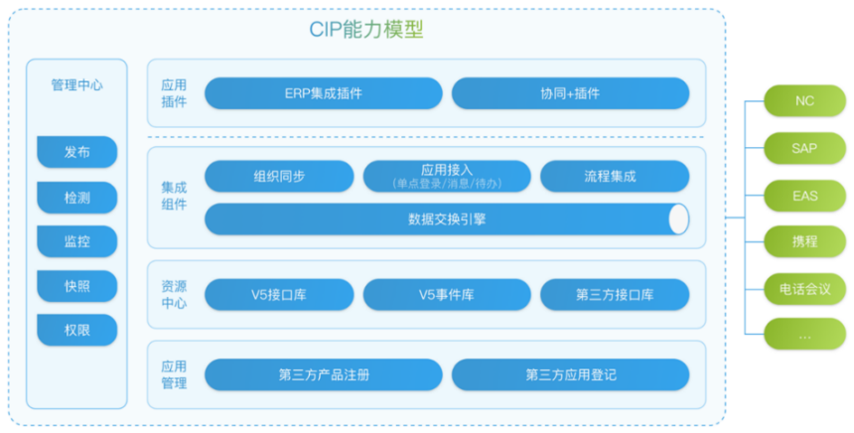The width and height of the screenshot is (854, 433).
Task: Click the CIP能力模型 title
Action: [x=366, y=30]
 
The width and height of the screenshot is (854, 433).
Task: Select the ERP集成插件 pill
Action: [x=324, y=93]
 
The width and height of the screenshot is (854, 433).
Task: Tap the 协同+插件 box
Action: [x=570, y=93]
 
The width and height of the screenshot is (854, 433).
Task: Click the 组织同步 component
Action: [x=279, y=176]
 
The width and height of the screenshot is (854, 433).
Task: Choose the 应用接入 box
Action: [x=447, y=176]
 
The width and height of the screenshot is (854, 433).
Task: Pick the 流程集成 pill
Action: [x=615, y=176]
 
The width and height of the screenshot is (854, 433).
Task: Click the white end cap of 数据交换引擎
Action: [x=678, y=218]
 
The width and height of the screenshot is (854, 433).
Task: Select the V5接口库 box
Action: [x=279, y=295]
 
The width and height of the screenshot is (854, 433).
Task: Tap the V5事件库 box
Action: [x=447, y=295]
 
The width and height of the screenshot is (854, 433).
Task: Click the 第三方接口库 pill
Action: [x=615, y=295]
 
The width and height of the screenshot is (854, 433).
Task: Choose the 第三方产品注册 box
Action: [x=324, y=374]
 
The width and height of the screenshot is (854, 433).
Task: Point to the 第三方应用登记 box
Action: [x=570, y=374]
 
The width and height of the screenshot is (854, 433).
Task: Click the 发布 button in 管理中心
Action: [x=76, y=152]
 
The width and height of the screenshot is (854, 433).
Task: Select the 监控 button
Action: [x=76, y=241]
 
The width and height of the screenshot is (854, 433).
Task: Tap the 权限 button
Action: [x=76, y=330]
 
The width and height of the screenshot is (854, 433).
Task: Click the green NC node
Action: [x=804, y=100]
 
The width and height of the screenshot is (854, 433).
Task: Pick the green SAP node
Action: [x=804, y=148]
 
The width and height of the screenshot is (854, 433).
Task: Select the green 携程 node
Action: [x=804, y=241]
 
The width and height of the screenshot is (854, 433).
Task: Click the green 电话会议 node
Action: [x=804, y=288]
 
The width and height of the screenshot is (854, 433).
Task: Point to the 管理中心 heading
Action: [x=76, y=85]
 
